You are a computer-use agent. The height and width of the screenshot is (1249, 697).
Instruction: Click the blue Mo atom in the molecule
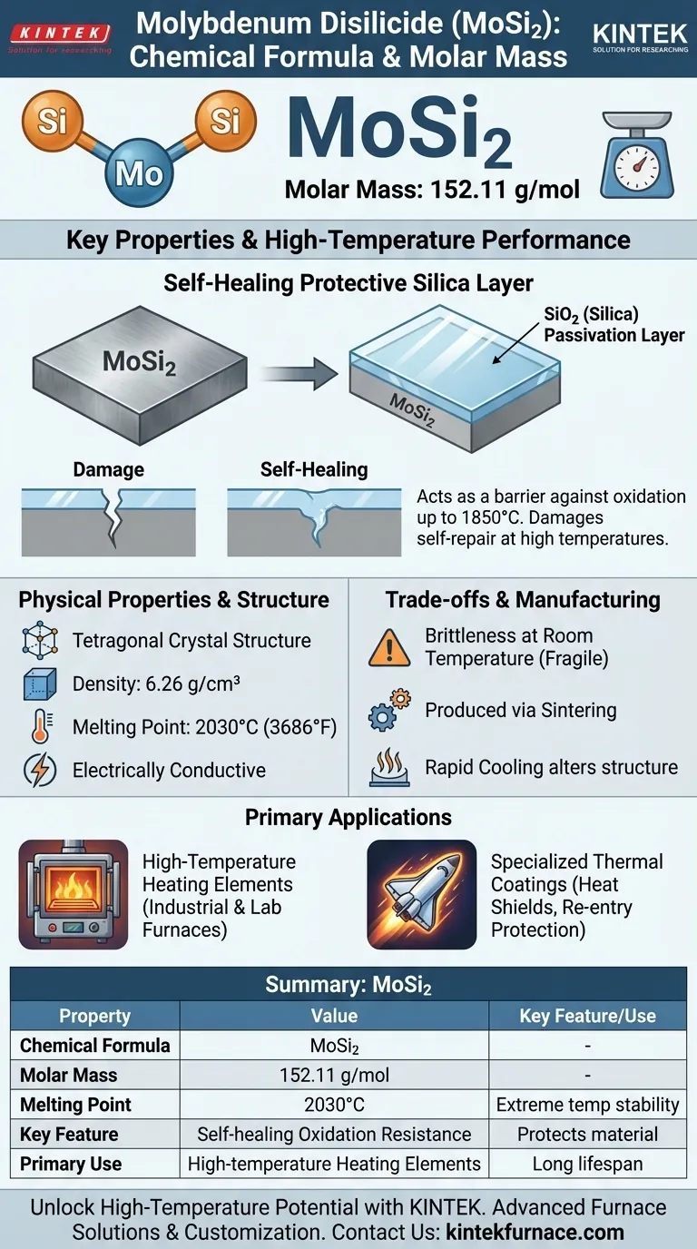(139, 173)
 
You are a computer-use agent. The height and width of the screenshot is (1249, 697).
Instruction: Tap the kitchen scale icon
(638, 155)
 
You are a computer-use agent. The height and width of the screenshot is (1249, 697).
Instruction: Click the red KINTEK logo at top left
(60, 34)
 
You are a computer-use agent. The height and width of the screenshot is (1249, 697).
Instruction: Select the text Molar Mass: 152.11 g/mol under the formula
(432, 190)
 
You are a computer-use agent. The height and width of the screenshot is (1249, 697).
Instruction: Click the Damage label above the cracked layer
(108, 469)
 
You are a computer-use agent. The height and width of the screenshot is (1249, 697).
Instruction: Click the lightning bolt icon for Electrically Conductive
(39, 770)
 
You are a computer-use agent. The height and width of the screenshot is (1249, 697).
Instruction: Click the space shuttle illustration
(421, 894)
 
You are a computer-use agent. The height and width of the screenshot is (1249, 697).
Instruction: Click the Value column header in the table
(334, 1016)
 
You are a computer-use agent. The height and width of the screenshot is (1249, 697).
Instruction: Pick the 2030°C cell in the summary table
(334, 1105)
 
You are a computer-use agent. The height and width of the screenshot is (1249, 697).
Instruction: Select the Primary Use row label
(71, 1164)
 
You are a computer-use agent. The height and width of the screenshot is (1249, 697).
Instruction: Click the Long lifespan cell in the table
(587, 1164)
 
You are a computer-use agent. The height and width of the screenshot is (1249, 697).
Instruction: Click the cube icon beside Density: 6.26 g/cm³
(39, 684)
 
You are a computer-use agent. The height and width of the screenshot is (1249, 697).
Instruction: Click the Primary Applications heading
(348, 817)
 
